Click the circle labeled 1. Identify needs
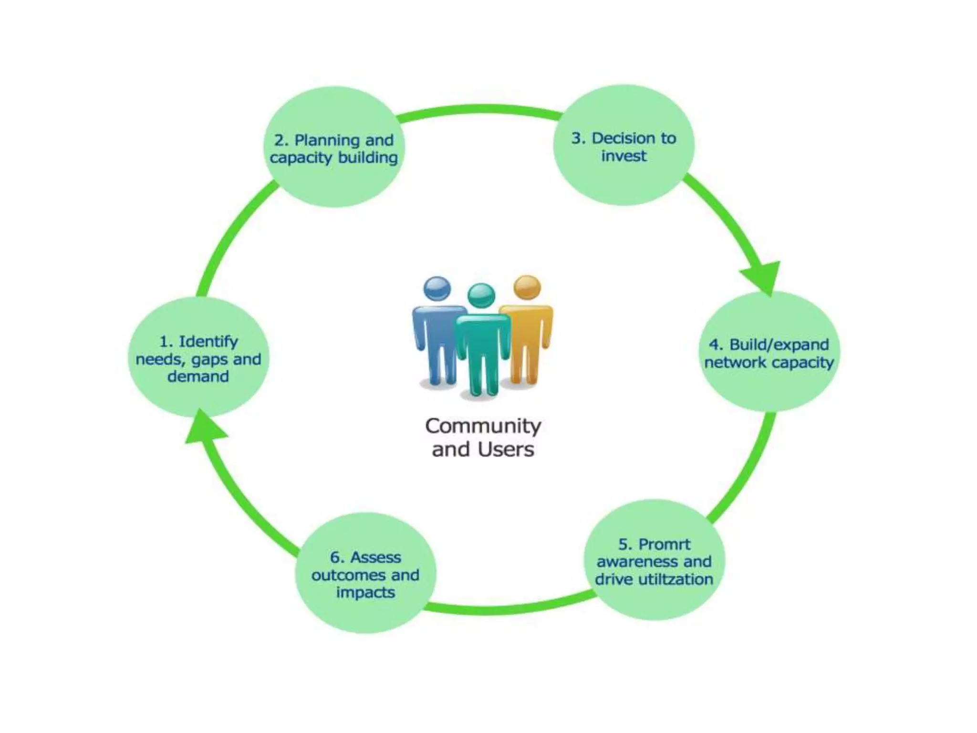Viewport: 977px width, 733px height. pyautogui.click(x=198, y=358)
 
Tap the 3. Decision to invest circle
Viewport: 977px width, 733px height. pyautogui.click(x=624, y=146)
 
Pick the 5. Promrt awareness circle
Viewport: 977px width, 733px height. pyautogui.click(x=654, y=561)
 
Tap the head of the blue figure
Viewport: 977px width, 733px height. pyautogui.click(x=437, y=288)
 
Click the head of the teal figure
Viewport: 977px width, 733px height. pyautogui.click(x=481, y=295)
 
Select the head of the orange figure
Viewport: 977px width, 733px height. pyautogui.click(x=527, y=287)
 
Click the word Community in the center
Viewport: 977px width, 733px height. pyautogui.click(x=483, y=426)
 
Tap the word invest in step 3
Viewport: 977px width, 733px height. pyautogui.click(x=624, y=156)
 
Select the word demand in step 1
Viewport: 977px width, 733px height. pyautogui.click(x=198, y=377)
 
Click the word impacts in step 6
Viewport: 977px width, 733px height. pyautogui.click(x=365, y=592)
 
